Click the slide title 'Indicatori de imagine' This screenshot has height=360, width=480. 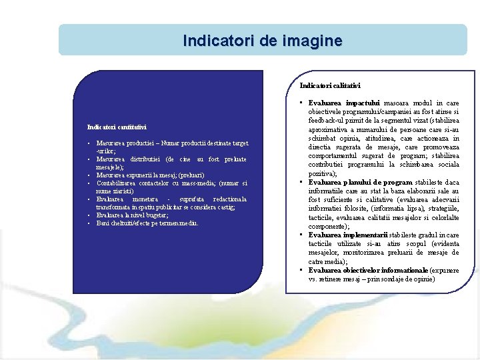[x=263, y=41]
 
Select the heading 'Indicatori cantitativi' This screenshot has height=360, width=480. [x=117, y=127]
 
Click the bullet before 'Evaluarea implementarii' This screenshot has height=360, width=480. [x=301, y=235]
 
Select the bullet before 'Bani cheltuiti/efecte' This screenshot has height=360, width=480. [x=89, y=223]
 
